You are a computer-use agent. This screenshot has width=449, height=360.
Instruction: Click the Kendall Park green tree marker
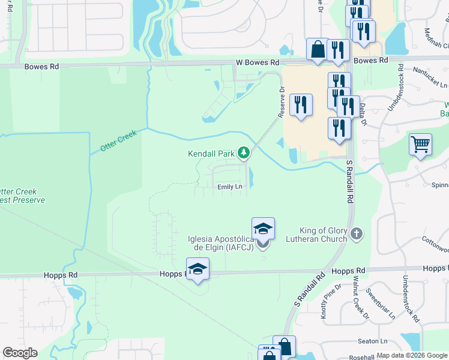[x=243, y=154]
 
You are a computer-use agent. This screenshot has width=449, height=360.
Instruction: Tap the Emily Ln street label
[x=230, y=187]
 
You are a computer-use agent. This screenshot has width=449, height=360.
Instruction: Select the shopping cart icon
[x=421, y=145]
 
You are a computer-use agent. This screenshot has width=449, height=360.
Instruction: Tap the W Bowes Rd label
[x=258, y=62]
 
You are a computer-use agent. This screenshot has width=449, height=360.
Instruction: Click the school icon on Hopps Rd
[x=197, y=269]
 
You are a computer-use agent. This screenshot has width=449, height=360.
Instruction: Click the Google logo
[x=20, y=353]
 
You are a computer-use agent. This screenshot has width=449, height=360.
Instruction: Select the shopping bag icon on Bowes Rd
[x=318, y=50]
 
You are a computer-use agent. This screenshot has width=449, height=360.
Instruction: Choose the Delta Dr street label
[x=363, y=113]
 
